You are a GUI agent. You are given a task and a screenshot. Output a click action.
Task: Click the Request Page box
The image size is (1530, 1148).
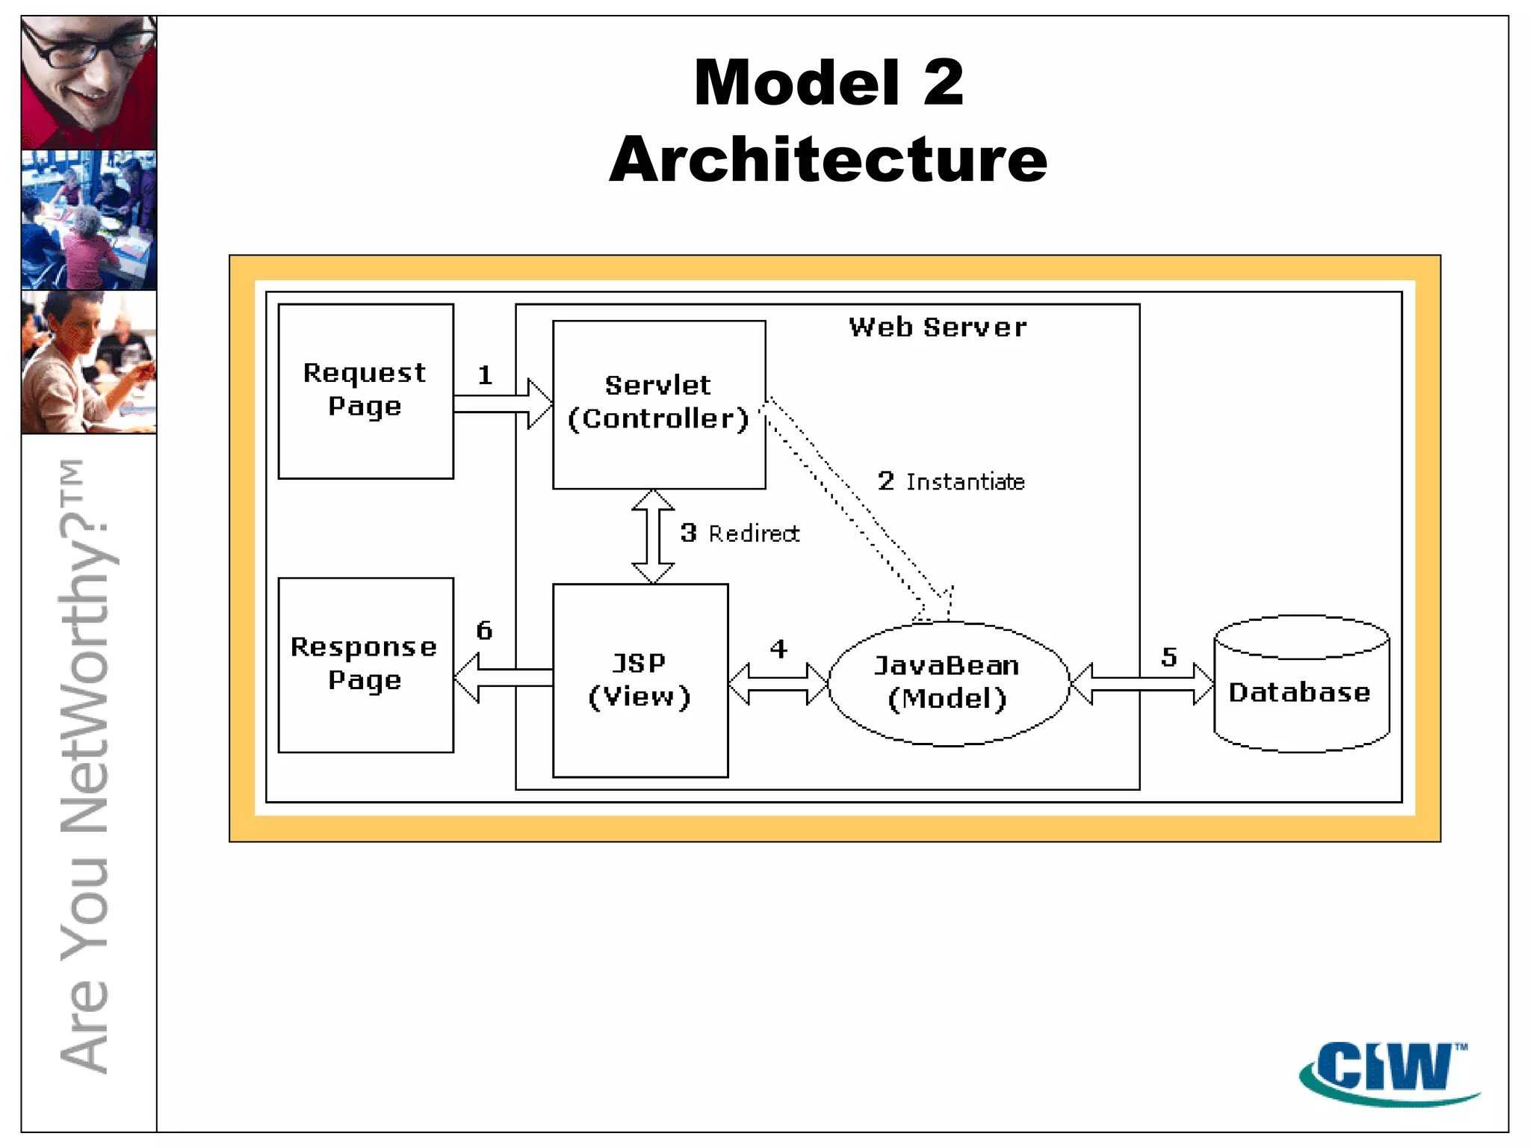[x=365, y=390]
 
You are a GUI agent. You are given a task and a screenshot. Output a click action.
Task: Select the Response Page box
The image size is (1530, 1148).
[x=365, y=664]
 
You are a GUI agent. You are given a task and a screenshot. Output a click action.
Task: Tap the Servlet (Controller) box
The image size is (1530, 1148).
[x=658, y=404]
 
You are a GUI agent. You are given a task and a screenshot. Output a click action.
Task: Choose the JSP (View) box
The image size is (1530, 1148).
[x=639, y=680]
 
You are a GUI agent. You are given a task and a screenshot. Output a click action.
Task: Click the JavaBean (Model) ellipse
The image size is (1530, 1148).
[x=948, y=682]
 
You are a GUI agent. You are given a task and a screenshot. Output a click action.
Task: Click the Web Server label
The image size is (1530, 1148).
[x=938, y=327]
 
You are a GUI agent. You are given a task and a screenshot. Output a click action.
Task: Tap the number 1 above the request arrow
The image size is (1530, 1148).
[x=485, y=374]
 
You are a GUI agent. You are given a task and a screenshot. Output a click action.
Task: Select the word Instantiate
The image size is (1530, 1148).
[x=965, y=482]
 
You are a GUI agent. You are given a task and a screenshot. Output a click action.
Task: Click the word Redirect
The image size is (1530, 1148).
[x=754, y=534]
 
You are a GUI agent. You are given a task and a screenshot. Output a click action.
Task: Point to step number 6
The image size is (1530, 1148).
[x=484, y=630]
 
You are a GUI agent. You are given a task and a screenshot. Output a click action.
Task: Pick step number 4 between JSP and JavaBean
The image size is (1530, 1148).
[x=778, y=648]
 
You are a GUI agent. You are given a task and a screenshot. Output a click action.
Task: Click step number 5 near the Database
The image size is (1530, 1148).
[x=1169, y=657]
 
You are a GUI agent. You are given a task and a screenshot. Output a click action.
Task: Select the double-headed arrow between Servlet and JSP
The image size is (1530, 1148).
[x=653, y=537]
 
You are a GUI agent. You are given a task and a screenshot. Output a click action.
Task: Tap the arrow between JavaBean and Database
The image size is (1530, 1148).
[x=1141, y=684]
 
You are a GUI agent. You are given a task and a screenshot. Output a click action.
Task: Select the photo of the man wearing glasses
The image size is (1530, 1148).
[x=89, y=82]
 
